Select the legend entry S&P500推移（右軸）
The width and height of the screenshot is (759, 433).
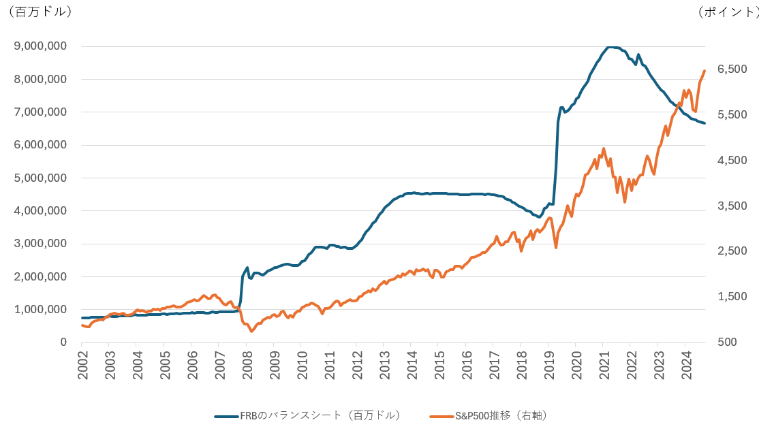click(501, 415)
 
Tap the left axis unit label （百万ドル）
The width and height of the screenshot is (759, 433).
click(39, 12)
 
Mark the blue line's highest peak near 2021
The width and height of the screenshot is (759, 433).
click(611, 47)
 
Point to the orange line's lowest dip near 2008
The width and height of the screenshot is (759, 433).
click(251, 331)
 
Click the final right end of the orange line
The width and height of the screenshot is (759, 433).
click(704, 71)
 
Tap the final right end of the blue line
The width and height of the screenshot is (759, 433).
click(704, 123)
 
